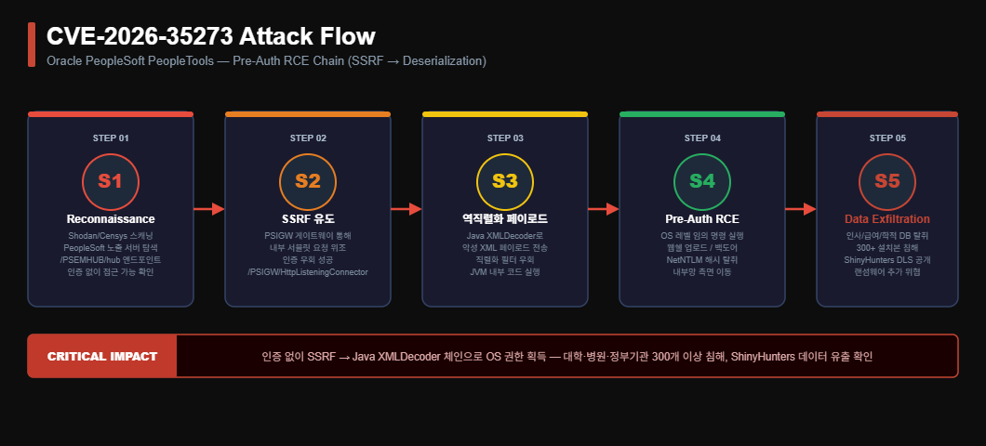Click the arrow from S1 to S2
[208, 209]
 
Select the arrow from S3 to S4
[603, 209]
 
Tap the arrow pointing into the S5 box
[801, 209]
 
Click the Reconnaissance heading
[111, 219]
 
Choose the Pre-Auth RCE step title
[701, 219]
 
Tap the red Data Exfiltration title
[886, 219]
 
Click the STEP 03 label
[505, 138]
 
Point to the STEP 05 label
[886, 138]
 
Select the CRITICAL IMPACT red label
[102, 356]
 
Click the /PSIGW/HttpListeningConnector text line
[308, 272]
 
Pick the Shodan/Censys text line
[111, 236]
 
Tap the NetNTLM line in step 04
[701, 260]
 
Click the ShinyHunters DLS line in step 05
[886, 260]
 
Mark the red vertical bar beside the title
[32, 45]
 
